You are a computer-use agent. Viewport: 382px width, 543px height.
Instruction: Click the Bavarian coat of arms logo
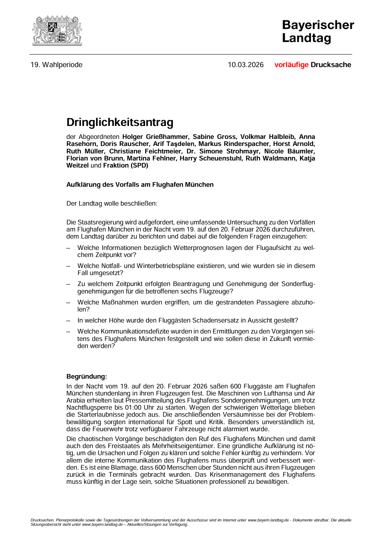[x=57, y=31]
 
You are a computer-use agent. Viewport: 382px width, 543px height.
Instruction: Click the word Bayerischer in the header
[x=318, y=25]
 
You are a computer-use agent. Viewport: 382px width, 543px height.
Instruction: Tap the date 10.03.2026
[x=246, y=65]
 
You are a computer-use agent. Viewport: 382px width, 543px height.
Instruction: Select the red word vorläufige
[x=291, y=65]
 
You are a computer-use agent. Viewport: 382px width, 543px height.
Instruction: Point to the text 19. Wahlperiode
[x=56, y=65]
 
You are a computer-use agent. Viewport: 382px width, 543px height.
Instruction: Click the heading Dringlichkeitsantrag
[x=120, y=122]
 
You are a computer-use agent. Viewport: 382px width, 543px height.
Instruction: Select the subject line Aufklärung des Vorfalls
[x=140, y=184]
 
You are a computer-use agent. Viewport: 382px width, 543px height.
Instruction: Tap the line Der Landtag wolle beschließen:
[x=112, y=203]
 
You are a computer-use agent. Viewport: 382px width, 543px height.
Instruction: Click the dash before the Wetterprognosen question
[x=68, y=248]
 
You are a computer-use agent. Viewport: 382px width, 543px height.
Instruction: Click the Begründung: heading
[x=86, y=376]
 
